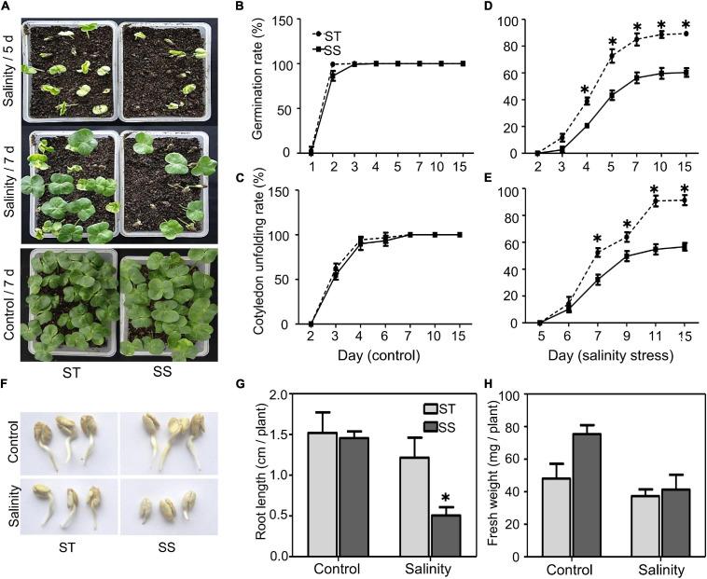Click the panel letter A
[x=7, y=7]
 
